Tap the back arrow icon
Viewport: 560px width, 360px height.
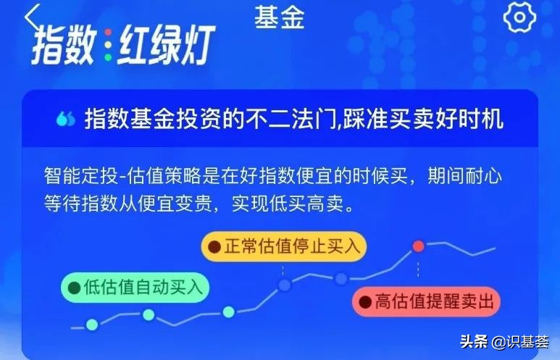coord(31,17)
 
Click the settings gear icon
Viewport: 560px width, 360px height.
coord(519,17)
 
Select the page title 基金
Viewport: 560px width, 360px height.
coord(280,18)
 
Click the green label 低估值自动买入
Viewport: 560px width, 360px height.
coord(135,288)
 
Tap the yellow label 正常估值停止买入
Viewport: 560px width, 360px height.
coord(284,246)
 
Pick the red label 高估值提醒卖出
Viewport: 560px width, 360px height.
coord(426,302)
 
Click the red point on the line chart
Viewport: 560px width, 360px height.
coord(418,246)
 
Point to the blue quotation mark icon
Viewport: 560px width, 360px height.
coord(66,119)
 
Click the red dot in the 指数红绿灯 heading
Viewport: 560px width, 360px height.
coord(108,32)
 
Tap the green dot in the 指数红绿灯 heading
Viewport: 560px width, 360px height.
coord(108,57)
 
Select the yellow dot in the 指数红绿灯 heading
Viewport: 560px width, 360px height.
coord(108,45)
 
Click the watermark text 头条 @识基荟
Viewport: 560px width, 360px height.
coord(504,342)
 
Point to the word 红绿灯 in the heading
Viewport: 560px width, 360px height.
coord(166,45)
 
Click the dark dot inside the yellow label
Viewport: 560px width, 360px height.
coord(214,247)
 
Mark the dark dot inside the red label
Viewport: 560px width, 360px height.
coord(365,302)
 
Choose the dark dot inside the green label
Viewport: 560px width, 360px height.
coord(75,288)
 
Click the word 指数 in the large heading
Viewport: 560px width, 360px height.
coord(64,45)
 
